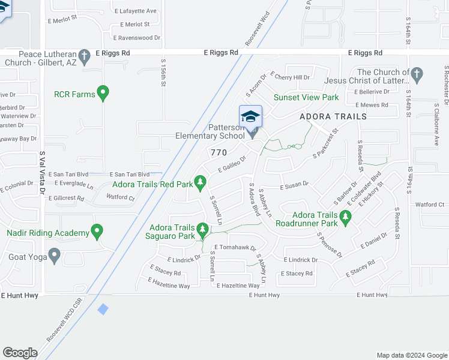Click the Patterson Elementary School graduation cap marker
[x=250, y=116]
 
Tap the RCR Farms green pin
[x=103, y=94]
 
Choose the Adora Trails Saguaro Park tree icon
[x=203, y=229]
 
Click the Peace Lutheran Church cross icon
[x=85, y=58]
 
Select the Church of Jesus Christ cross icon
[x=418, y=76]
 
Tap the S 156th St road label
[x=163, y=72]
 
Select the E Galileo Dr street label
[x=232, y=164]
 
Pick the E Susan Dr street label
[x=294, y=184]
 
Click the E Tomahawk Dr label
[x=235, y=248]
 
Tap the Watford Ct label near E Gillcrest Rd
[x=120, y=197]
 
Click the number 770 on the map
[x=219, y=152]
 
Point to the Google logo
[x=20, y=353]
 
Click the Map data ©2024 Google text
[x=411, y=355]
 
